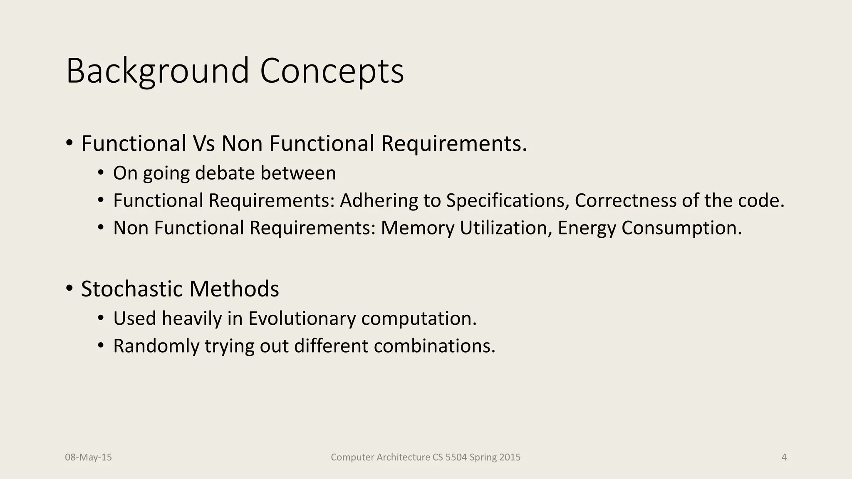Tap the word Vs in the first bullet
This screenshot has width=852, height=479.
[203, 143]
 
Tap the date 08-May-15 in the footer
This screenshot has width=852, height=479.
[88, 457]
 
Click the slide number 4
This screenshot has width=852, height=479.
[784, 457]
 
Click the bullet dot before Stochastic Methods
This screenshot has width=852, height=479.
[69, 288]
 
